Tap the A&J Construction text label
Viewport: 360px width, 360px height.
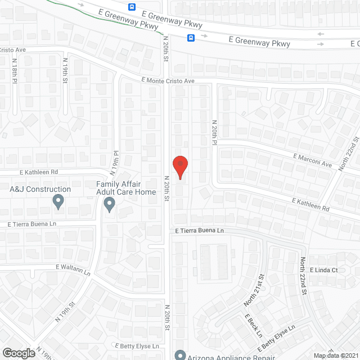[x=40, y=190]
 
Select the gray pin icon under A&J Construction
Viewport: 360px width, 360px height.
[x=58, y=201]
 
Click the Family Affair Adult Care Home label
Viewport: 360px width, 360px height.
[x=126, y=188]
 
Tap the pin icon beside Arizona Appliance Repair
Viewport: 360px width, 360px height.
[x=180, y=355]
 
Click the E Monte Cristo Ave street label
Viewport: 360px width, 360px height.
[x=168, y=81]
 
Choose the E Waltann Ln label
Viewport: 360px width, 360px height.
[x=73, y=269]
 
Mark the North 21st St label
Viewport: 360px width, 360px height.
[x=254, y=290]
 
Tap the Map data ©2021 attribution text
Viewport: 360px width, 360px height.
[x=336, y=355]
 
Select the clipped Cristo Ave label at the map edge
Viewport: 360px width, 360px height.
[x=13, y=50]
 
